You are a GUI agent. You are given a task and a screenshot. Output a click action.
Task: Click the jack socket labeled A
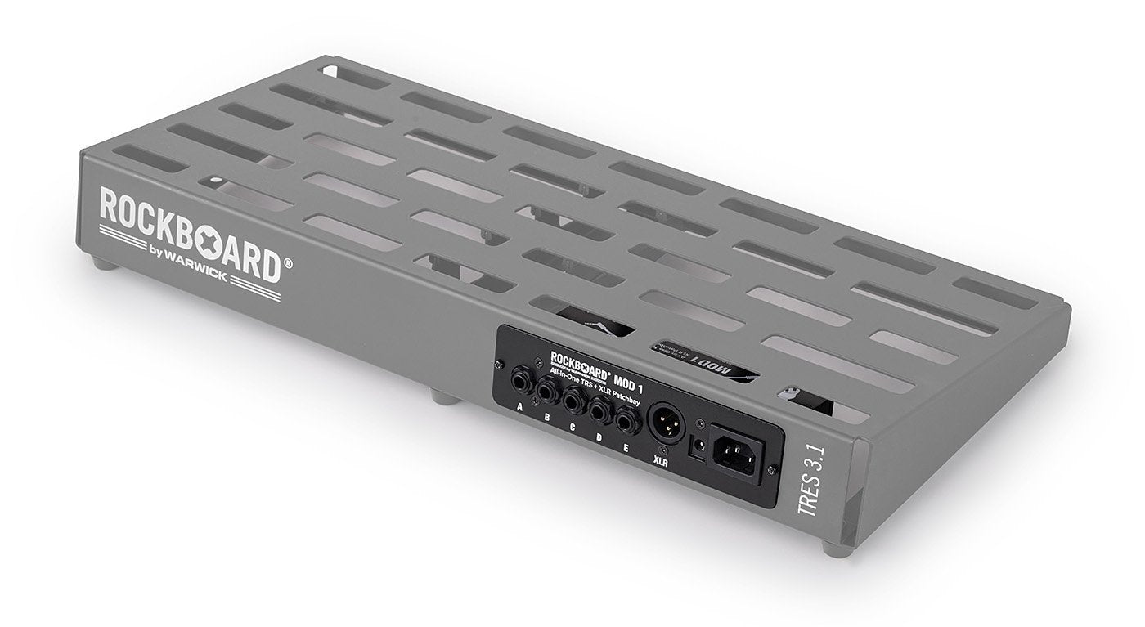520,380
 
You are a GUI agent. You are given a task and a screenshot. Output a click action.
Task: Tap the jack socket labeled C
572,401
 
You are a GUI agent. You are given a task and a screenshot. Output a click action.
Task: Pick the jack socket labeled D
599,411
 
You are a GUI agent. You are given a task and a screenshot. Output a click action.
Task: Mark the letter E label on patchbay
626,448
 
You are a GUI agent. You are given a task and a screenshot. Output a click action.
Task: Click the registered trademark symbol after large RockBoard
288,262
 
